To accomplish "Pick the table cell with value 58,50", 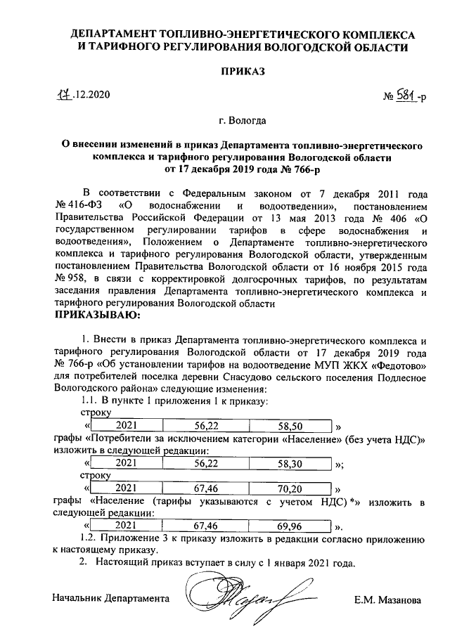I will coord(290,426).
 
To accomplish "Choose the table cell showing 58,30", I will coord(290,463).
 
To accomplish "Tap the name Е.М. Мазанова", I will coord(388,602).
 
